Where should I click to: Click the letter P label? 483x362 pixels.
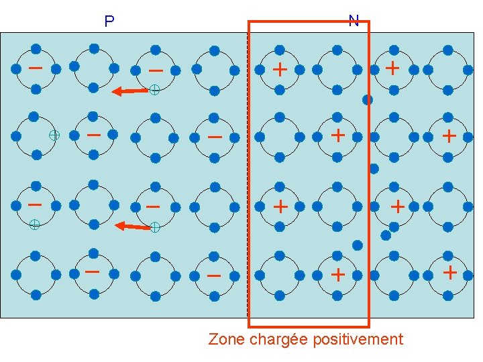pos(109,22)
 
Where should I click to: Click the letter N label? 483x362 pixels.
pos(354,20)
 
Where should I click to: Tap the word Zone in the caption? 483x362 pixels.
pos(227,339)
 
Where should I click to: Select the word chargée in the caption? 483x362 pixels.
pos(278,339)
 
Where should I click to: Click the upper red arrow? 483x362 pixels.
pos(129,90)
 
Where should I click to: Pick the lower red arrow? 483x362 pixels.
pos(132,227)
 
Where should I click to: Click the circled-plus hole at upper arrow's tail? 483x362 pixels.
pos(154,88)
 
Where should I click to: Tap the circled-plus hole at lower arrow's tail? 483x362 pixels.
pos(154,228)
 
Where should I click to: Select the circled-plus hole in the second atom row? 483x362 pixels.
pos(54,135)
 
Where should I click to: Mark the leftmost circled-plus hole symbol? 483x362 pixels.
pos(34,225)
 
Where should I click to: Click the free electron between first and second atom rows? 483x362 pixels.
pos(368,100)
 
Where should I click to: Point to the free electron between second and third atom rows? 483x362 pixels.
pos(374,168)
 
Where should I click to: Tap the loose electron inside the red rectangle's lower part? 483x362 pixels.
pos(358,245)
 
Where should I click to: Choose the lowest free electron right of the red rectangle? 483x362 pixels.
pos(386,235)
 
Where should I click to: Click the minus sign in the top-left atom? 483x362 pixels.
pos(36,68)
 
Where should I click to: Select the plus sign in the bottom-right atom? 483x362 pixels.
pos(450,273)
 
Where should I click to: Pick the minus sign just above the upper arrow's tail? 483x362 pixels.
pos(156,70)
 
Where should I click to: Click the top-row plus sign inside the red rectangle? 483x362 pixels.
pos(280,69)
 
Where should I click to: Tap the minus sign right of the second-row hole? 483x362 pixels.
pos(94,135)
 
